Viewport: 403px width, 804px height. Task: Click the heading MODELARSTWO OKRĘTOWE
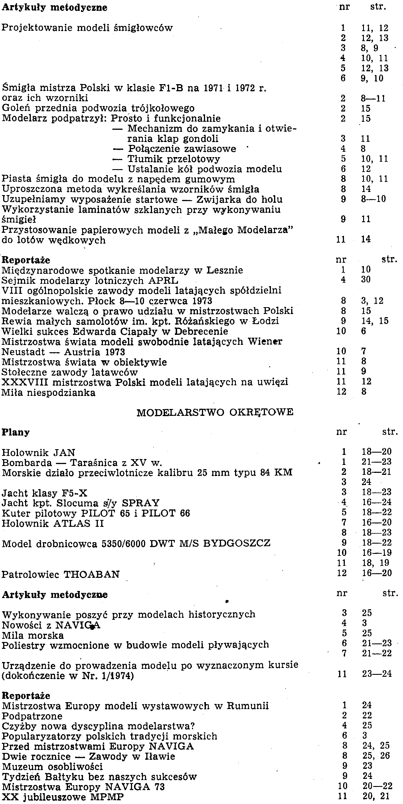tap(215, 412)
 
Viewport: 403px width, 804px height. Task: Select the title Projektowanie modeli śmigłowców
tap(87, 28)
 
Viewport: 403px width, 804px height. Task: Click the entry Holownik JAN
tap(39, 452)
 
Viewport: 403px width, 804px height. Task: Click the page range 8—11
tap(373, 98)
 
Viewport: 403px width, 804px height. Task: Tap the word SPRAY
tap(141, 503)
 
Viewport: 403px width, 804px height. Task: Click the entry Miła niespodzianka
tap(48, 392)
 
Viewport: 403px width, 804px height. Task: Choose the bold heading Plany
tap(16, 432)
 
